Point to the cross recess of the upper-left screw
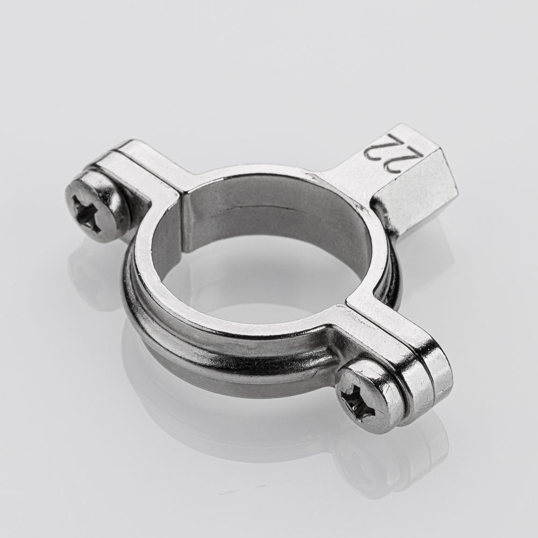point(89,212)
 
